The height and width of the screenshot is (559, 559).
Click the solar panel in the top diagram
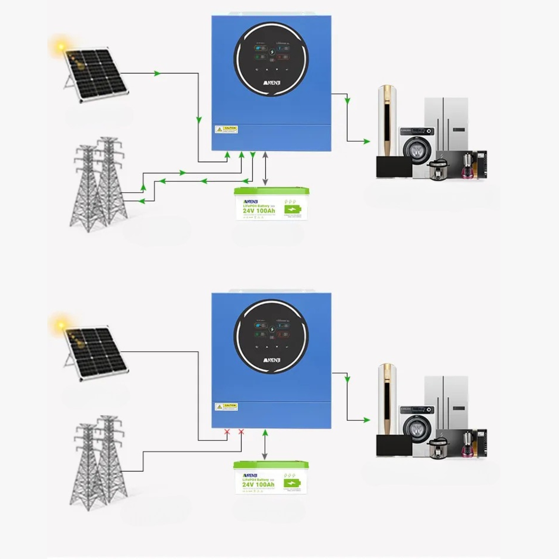pos(96,75)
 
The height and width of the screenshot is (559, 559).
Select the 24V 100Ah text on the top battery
pos(259,211)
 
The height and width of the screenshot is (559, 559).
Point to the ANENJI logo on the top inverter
pos(272,82)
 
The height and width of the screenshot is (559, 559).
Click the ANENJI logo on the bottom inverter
pos(272,360)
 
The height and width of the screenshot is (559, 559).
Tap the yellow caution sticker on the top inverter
pos(226,129)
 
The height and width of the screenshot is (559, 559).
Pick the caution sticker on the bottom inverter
pos(226,407)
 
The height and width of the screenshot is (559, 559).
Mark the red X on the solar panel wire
pos(227,432)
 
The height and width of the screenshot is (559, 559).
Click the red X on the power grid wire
pos(241,432)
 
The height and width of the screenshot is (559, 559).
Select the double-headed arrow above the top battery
pos(265,168)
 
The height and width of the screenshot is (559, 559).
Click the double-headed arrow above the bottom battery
pos(265,445)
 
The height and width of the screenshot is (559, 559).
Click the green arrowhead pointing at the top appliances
pos(367,142)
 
